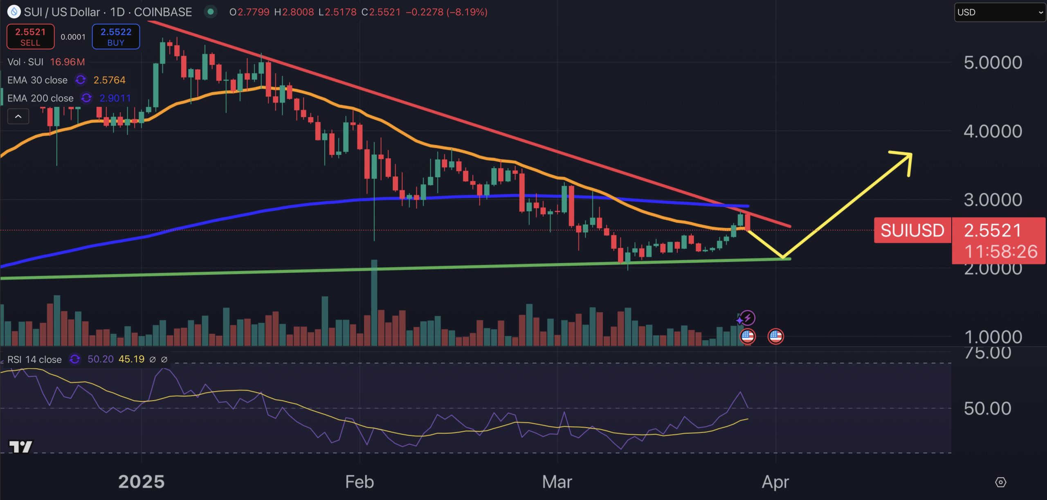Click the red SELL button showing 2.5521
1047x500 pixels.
30,37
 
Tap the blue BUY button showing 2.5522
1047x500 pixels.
116,37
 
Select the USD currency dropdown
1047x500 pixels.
999,12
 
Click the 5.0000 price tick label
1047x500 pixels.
993,63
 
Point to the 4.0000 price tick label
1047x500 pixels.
993,131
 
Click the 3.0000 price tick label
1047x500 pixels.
993,200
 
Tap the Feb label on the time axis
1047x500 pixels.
359,482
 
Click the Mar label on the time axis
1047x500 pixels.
557,482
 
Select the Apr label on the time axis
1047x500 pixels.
775,482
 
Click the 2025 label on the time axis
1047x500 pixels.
141,482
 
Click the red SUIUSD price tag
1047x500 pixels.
912,230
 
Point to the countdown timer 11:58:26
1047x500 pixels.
1000,252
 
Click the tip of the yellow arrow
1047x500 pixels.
910,155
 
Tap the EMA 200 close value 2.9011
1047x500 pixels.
115,98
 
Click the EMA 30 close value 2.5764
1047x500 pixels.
109,80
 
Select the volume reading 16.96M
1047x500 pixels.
67,62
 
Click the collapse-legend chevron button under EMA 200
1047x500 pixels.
18,117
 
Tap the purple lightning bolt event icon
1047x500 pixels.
748,318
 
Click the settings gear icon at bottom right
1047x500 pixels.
1000,482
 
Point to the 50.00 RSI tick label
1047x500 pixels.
987,408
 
